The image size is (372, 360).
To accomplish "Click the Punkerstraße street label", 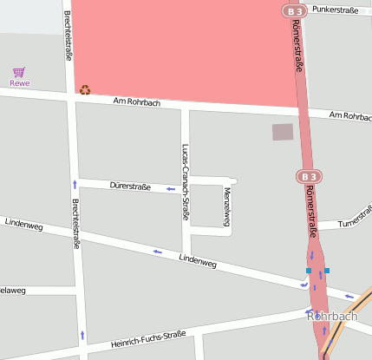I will (335, 10).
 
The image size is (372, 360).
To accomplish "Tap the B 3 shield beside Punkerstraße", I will (295, 10).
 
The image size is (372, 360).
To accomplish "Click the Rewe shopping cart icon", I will (19, 72).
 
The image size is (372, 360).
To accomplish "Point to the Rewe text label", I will (19, 83).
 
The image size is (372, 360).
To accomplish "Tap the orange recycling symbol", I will (85, 89).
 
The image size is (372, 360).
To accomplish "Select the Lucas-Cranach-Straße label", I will (185, 182).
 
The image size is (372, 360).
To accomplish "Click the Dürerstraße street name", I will (131, 186).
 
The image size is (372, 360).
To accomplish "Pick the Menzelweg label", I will (226, 206).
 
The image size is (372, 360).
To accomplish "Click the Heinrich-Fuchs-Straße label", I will (148, 339).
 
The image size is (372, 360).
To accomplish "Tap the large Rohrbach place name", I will (332, 317).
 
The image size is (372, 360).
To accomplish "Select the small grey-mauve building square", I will (283, 132).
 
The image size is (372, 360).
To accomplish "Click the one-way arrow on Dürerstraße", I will (171, 187).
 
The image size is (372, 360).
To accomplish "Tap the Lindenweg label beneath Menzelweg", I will (197, 259).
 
